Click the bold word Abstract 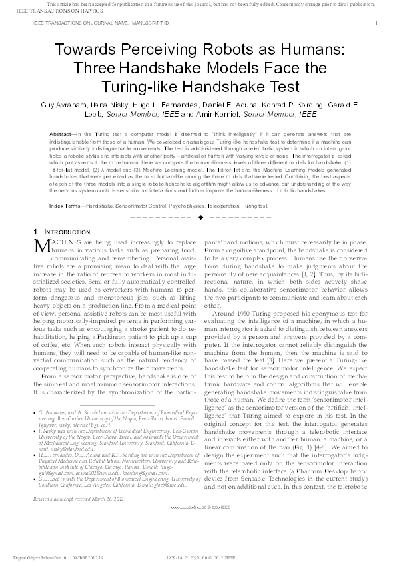click(x=62, y=134)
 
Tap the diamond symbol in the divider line click(x=200, y=217)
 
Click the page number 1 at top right click(x=377, y=23)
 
